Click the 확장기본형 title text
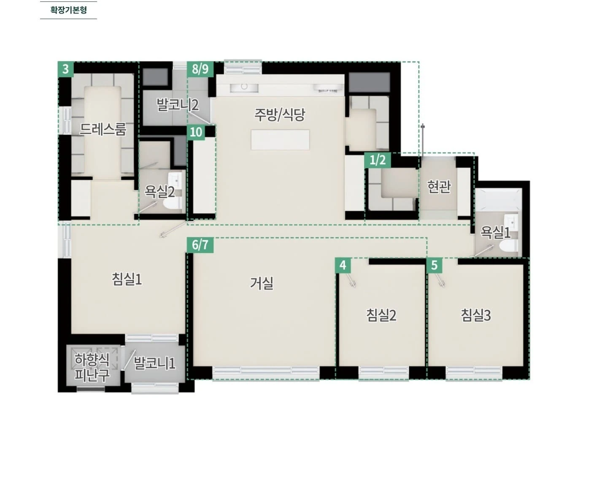pos(69,10)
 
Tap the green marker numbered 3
pos(66,69)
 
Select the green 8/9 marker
pos(200,69)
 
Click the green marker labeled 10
pos(196,132)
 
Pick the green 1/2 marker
pos(378,160)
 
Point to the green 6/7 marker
pos(200,245)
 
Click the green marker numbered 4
pos(343,265)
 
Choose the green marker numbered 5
pos(435,265)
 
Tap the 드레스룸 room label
pos(103,129)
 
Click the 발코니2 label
pos(178,105)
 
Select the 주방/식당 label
pos(280,115)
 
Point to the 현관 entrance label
pos(439,187)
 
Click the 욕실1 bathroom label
pos(495,233)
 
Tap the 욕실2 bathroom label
pos(159,192)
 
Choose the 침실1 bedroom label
pos(127,279)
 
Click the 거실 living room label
pos(262,283)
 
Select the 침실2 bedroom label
pos(381,315)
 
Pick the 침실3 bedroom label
pos(476,315)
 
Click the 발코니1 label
pos(154,363)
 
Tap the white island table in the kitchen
pos(280,140)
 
